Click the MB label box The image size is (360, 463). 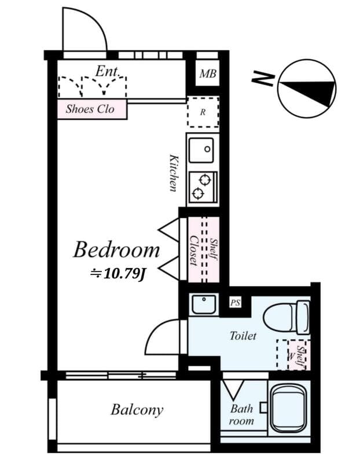click(x=207, y=74)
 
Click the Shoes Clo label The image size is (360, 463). click(x=90, y=109)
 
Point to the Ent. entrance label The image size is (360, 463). click(x=108, y=71)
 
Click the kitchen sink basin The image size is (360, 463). click(x=203, y=150)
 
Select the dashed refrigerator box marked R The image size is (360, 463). click(x=203, y=112)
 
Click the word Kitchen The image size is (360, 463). click(x=173, y=172)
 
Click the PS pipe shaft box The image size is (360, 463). click(x=236, y=302)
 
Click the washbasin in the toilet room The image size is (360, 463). click(x=203, y=303)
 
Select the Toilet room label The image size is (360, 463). click(x=243, y=336)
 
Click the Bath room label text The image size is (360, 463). click(x=241, y=414)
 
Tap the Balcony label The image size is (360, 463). click(x=137, y=410)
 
